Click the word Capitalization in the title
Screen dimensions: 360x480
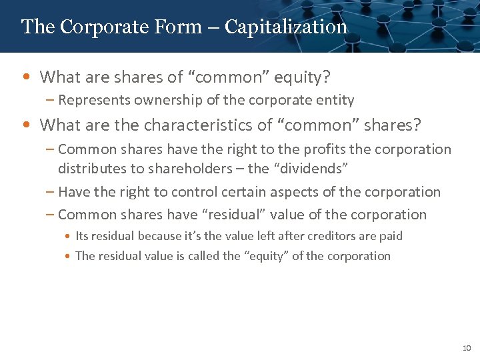point(285,27)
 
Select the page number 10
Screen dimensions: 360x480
point(466,348)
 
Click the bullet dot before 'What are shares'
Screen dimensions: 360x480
point(25,77)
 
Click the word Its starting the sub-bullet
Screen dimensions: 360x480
point(83,236)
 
